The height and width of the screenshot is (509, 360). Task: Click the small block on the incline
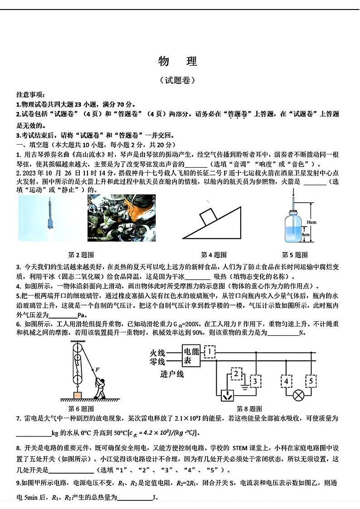(209, 216)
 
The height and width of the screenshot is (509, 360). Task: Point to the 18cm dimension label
(311, 222)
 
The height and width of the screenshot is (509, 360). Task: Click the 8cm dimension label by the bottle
(306, 235)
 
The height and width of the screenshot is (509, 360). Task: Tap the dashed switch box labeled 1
(209, 351)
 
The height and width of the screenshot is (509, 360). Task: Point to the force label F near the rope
(97, 370)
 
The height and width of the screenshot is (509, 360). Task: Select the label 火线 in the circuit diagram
(158, 352)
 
